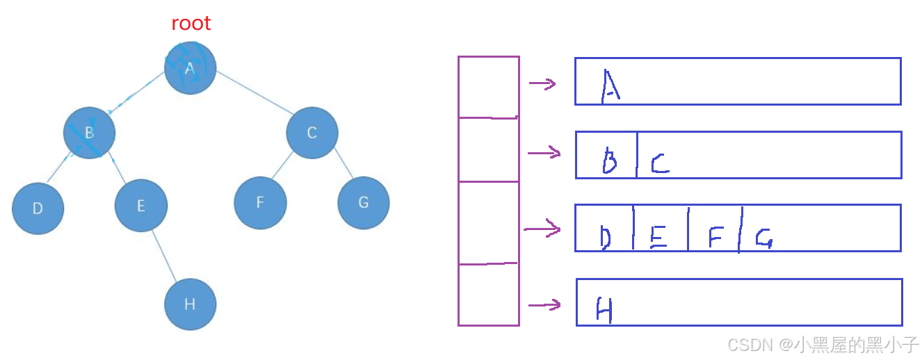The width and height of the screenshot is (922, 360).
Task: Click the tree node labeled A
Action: pos(190,68)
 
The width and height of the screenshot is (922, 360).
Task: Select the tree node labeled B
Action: pos(89,132)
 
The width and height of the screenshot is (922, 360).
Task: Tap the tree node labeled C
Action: pos(312,132)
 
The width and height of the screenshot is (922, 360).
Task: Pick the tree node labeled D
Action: pos(38,208)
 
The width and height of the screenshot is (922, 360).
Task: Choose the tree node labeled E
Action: pos(140,205)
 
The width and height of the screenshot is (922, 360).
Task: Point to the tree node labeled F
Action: pos(260,202)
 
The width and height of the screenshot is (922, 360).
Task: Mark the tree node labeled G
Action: pos(363,202)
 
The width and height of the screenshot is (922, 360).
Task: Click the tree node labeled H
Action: pos(190,304)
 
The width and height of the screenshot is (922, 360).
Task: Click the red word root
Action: pos(191,23)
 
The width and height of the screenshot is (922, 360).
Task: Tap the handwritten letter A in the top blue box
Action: pos(610,87)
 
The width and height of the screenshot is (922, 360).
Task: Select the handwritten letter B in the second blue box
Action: pos(609,163)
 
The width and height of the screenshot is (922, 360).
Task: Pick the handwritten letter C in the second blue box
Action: pos(659,164)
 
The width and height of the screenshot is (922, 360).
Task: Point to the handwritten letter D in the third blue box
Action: pos(605,238)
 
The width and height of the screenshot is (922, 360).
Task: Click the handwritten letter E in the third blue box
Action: pos(658,238)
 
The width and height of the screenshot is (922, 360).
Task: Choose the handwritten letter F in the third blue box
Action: pos(715,238)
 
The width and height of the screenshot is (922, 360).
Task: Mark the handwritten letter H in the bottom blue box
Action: pos(604,309)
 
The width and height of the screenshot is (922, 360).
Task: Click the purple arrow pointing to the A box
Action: pos(542,84)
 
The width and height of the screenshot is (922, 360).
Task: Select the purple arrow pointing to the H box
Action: pos(544,304)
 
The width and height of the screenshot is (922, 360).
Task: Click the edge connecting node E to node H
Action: pos(166,255)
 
